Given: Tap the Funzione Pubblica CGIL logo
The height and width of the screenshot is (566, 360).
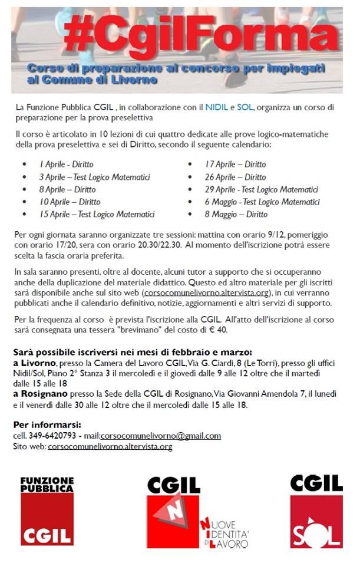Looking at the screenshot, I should tap(47, 511).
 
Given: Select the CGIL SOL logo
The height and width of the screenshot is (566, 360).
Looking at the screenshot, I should tap(316, 511).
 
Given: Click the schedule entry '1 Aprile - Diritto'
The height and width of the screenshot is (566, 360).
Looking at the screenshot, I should tap(67, 164).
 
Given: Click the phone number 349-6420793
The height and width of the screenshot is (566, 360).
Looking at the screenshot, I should tap(52, 436).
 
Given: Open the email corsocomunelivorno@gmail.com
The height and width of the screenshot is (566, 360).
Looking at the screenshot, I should tap(160, 436).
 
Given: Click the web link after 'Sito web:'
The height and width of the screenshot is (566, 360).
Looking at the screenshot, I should tap(110, 447).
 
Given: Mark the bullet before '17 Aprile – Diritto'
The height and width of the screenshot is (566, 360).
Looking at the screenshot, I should tap(190, 164).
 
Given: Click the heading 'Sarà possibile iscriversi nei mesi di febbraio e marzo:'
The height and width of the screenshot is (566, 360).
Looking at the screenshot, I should tap(133, 352).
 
